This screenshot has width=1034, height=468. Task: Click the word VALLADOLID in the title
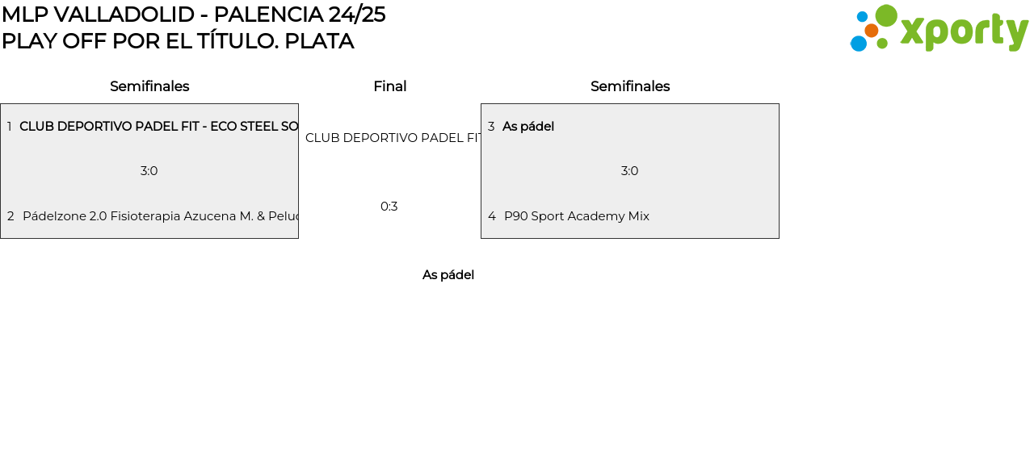pyautogui.click(x=124, y=15)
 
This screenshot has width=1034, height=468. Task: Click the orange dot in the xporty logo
pyautogui.click(x=871, y=31)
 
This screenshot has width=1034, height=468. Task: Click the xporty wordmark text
pyautogui.click(x=964, y=31)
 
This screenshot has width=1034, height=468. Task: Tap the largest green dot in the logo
pyautogui.click(x=886, y=16)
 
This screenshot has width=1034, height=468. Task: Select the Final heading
pyautogui.click(x=389, y=86)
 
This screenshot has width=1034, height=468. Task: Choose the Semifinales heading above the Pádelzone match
pyautogui.click(x=149, y=86)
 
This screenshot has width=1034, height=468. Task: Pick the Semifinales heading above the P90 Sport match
pyautogui.click(x=630, y=86)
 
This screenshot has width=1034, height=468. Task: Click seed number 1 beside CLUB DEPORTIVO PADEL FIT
pyautogui.click(x=9, y=127)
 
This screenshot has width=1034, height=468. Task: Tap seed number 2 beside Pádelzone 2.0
pyautogui.click(x=11, y=216)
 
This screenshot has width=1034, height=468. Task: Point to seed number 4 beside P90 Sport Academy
pyautogui.click(x=491, y=216)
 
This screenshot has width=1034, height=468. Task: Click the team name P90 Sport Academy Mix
pyautogui.click(x=577, y=216)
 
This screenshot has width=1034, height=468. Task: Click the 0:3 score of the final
pyautogui.click(x=389, y=207)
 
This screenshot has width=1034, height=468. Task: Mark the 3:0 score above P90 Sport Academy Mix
pyautogui.click(x=630, y=171)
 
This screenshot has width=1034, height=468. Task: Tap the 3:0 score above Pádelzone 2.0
pyautogui.click(x=149, y=171)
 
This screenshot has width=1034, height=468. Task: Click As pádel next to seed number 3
pyautogui.click(x=528, y=127)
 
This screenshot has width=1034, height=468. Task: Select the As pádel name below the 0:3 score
pyautogui.click(x=448, y=275)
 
